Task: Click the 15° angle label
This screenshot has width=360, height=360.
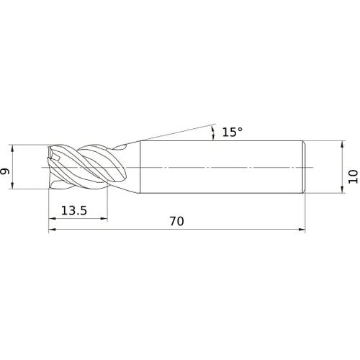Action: [232, 132]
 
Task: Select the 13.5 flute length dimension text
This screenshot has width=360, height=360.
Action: [74, 210]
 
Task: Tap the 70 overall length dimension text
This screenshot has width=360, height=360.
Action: [177, 221]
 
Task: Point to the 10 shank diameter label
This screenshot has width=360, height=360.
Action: [353, 176]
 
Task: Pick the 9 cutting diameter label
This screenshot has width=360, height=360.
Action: [5, 171]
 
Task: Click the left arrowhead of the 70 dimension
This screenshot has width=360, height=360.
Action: [53, 230]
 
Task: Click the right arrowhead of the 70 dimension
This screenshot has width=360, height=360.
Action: [302, 230]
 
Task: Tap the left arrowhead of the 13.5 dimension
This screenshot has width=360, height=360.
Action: [53, 218]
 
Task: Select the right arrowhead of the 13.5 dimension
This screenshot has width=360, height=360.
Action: [104, 218]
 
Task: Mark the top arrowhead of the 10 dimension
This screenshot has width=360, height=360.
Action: [342, 145]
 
